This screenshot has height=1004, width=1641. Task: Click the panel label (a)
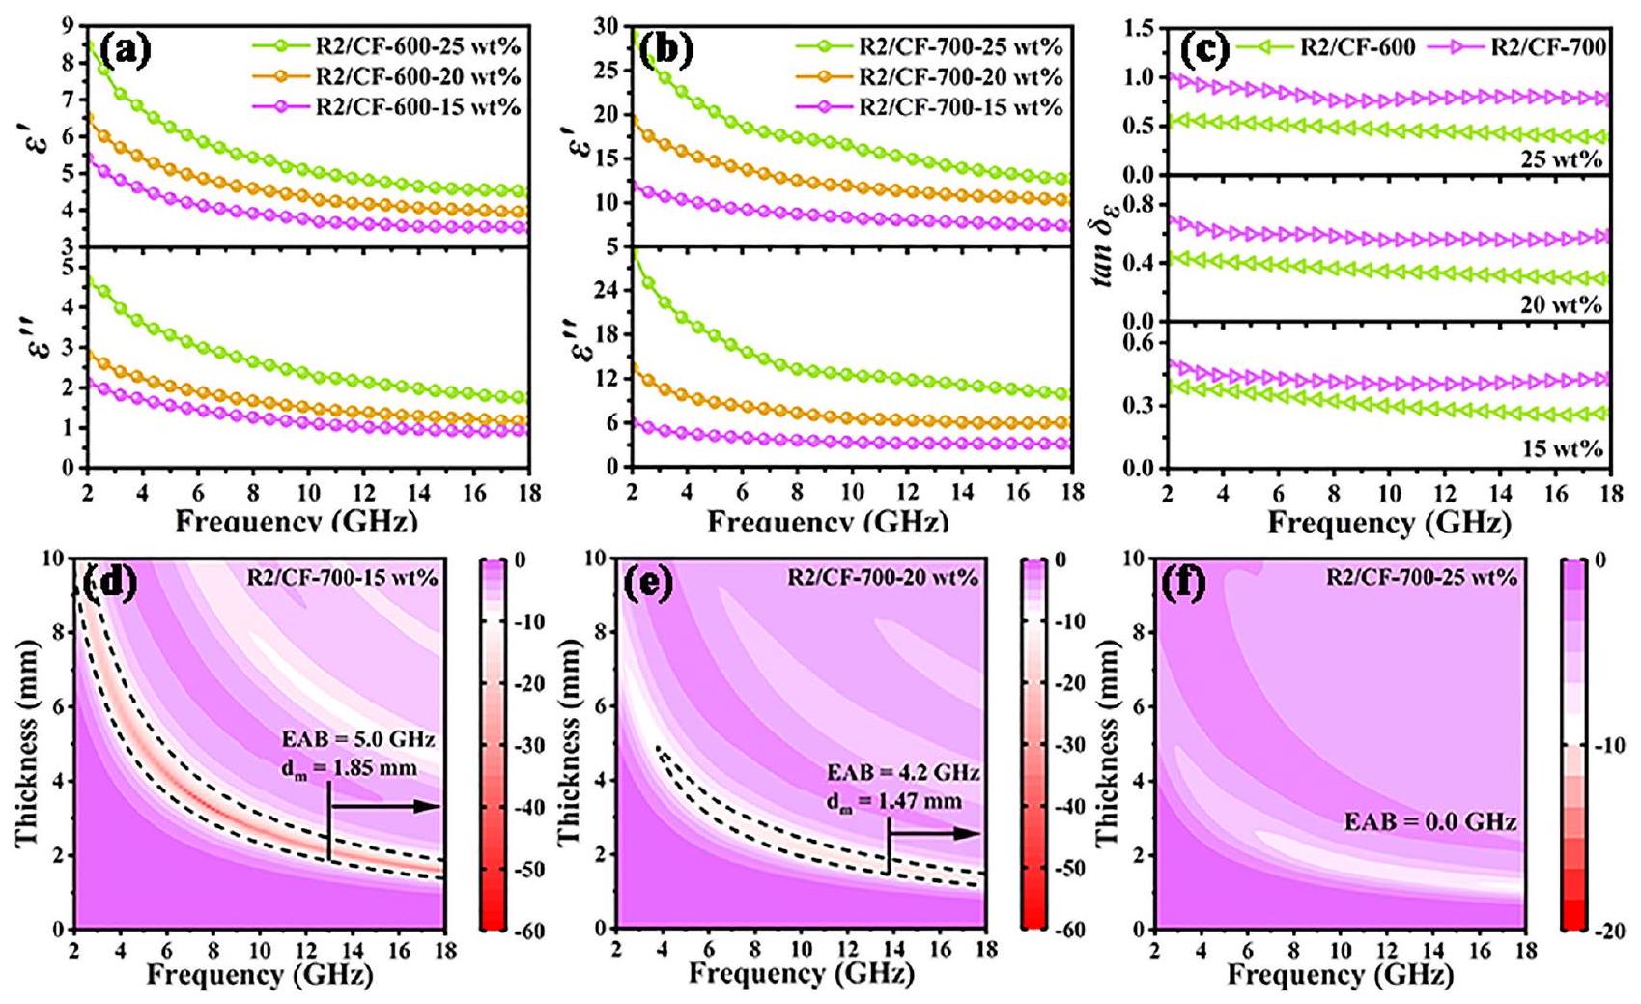tap(127, 48)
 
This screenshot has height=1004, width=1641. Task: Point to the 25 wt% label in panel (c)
tap(1561, 159)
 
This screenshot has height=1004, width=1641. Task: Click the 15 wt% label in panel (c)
tap(1561, 448)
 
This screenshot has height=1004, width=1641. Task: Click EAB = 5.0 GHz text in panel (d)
tap(358, 740)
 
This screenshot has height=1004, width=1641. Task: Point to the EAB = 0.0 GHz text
tap(1430, 822)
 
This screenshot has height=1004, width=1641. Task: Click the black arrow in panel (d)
tap(385, 806)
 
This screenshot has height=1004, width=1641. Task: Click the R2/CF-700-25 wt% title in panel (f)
tap(1421, 578)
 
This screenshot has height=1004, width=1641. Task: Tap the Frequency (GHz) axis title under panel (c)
tap(1389, 524)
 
